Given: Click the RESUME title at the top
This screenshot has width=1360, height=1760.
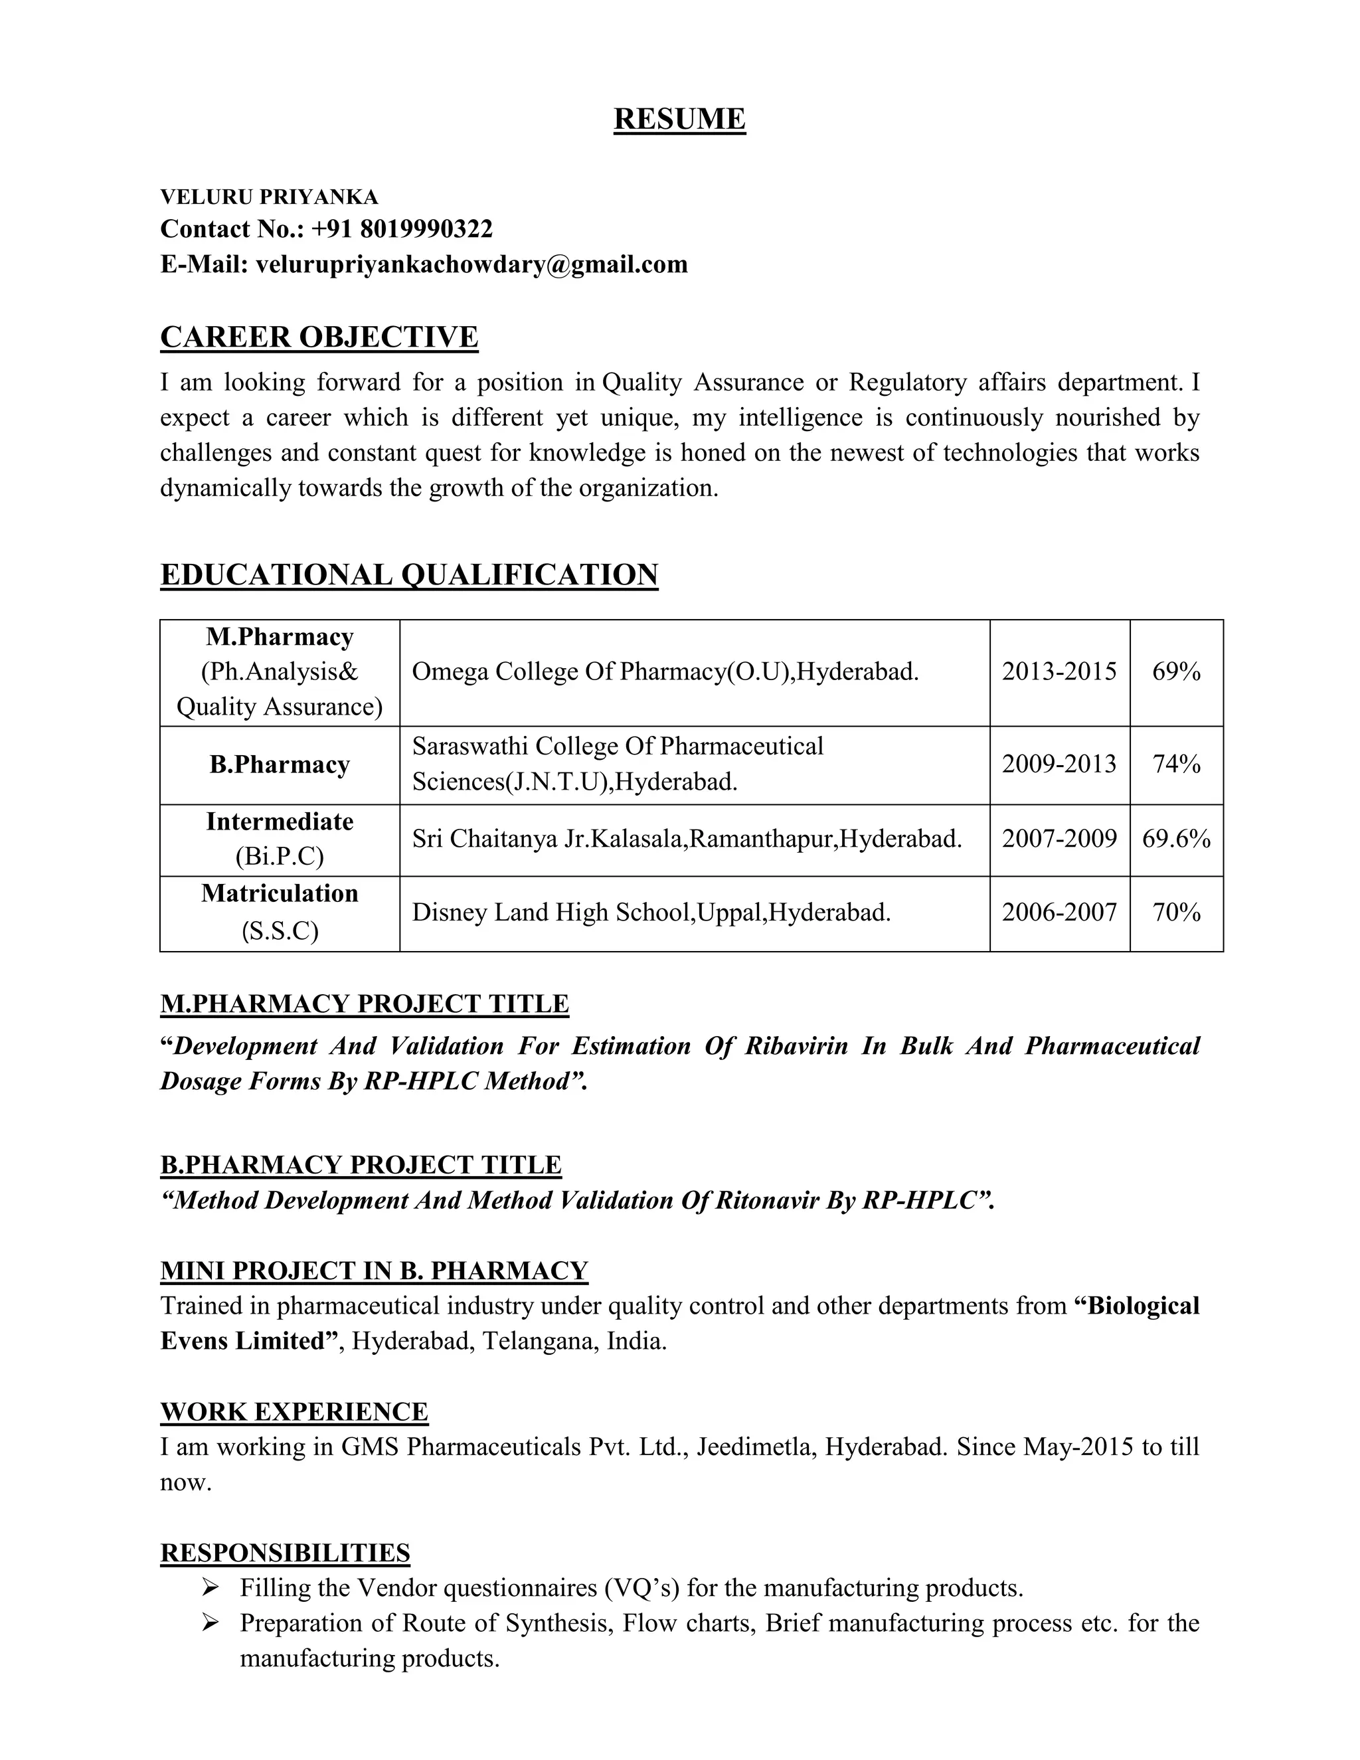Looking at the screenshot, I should pos(679,120).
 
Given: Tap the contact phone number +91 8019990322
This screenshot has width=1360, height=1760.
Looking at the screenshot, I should pos(401,229).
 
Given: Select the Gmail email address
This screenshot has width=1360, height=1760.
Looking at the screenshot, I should pos(471,264).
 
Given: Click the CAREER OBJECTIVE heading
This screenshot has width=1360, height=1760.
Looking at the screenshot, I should pos(319,337).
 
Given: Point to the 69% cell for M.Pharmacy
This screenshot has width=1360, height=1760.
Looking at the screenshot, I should pos(1175,671).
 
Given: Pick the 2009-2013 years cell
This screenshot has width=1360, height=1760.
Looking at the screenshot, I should pos(1059,764).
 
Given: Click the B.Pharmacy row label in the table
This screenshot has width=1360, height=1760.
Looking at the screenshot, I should pos(280,764).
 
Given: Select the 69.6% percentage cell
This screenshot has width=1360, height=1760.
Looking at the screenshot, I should pos(1175,839).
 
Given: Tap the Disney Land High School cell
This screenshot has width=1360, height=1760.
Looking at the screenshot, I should pos(651,913).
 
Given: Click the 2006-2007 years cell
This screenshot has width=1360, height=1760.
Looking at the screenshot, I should pos(1059,913).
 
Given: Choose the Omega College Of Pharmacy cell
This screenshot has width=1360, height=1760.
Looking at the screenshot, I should pos(665,671).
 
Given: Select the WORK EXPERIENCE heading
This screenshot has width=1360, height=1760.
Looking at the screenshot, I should pos(294,1412).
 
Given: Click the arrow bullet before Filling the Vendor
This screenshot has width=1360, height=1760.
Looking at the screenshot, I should pos(211,1589).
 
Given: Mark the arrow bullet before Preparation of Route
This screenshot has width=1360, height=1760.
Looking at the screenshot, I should pos(211,1623).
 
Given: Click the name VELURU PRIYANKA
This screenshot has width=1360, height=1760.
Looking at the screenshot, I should pos(269,197).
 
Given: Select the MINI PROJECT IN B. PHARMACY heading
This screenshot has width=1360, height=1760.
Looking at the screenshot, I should pos(374,1271).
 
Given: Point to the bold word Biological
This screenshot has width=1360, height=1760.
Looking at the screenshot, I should pos(1142,1306).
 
